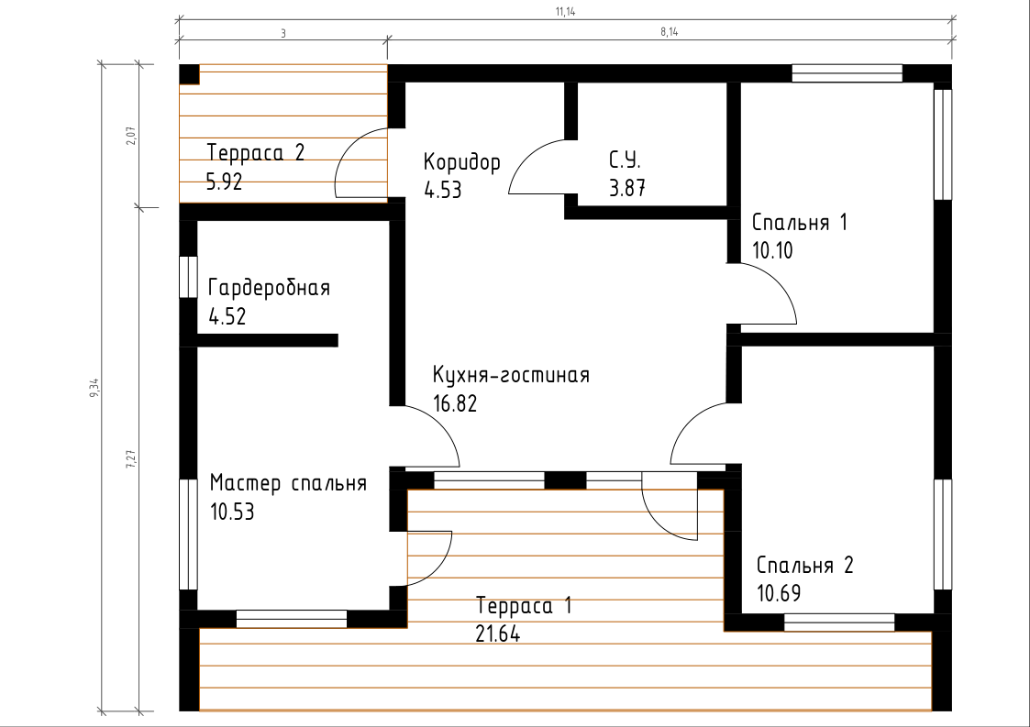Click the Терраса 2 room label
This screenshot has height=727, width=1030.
pos(256,152)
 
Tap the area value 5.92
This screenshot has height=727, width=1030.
pos(224,182)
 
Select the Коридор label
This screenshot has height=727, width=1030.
pos(461,162)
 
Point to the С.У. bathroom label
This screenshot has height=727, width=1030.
pos(625,160)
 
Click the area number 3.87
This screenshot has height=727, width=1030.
pos(627,189)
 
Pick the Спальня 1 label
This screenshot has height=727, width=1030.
pos(800,222)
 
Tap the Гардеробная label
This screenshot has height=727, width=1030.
pos(269,288)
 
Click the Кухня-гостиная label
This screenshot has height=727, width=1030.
pos(511,375)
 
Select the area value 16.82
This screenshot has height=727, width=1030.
pos(455,403)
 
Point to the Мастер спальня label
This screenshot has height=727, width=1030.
pos(288,483)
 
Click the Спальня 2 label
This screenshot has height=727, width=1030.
pos(804,565)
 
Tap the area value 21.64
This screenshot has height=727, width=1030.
pos(498,634)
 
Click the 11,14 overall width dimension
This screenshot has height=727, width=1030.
pos(566,11)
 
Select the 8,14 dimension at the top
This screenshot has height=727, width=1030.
pos(670,31)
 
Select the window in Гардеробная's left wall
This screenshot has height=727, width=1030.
pos(189,277)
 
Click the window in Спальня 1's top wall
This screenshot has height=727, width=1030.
pos(847,73)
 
